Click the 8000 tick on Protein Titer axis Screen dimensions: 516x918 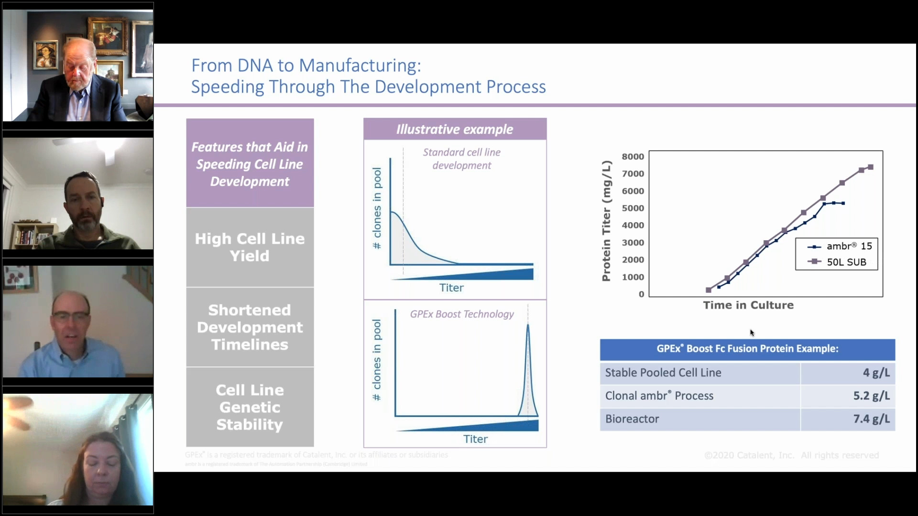pyautogui.click(x=633, y=157)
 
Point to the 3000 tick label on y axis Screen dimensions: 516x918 pyautogui.click(x=633, y=243)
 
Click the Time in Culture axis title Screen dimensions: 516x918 pyautogui.click(x=748, y=305)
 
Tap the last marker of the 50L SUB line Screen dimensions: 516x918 pyautogui.click(x=871, y=167)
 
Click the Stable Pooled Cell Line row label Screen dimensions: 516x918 pyautogui.click(x=663, y=373)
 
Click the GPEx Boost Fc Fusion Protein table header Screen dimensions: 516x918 pyautogui.click(x=747, y=349)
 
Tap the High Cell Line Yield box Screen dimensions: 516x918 pyautogui.click(x=250, y=247)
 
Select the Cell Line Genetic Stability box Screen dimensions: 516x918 pyautogui.click(x=250, y=407)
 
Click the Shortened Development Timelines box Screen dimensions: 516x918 pyautogui.click(x=250, y=327)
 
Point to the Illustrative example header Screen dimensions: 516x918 pyautogui.click(x=454, y=129)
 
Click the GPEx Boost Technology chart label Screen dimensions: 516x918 pyautogui.click(x=461, y=314)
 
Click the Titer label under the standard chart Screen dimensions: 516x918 pyautogui.click(x=451, y=288)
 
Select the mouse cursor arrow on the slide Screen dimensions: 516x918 pyautogui.click(x=752, y=333)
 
